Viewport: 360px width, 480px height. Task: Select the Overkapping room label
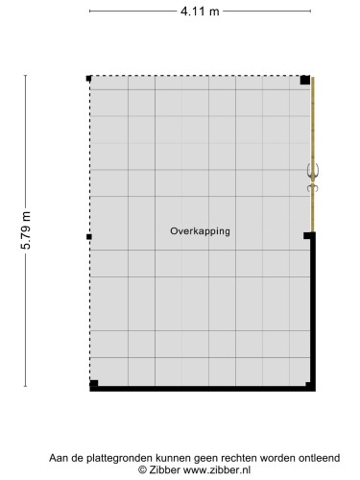point(201,231)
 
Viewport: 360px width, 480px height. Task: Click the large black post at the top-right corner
point(304,80)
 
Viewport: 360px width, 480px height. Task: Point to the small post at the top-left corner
point(88,78)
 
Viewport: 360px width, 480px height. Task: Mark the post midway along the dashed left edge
point(88,235)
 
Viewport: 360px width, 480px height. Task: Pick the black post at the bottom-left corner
point(93,385)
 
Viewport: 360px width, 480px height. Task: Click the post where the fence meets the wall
point(308,235)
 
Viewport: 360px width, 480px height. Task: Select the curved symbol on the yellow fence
point(312,177)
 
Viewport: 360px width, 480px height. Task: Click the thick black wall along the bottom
point(202,389)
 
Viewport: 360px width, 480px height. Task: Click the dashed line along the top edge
point(192,77)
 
